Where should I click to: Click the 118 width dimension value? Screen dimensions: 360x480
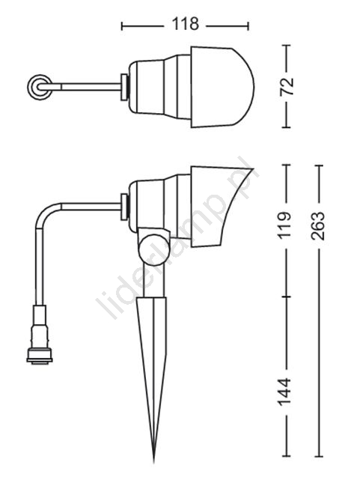[185, 24]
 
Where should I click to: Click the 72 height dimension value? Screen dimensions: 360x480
[287, 87]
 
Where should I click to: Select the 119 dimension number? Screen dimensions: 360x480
[284, 225]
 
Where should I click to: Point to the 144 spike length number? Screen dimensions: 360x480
[284, 392]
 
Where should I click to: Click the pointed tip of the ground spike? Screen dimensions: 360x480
[154, 462]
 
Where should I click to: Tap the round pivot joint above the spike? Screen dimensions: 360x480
[153, 249]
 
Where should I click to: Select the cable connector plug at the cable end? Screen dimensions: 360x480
[40, 335]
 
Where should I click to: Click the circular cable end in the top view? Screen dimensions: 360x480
[40, 87]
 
